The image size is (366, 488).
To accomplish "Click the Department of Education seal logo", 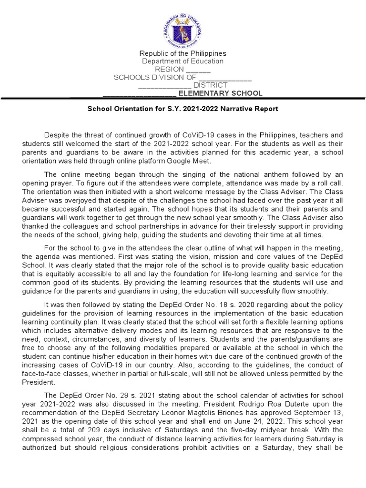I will pyautogui.click(x=183, y=27).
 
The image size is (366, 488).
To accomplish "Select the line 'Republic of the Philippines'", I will pyautogui.click(x=183, y=53).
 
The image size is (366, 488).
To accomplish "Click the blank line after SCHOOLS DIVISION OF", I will pyautogui.click(x=225, y=77).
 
